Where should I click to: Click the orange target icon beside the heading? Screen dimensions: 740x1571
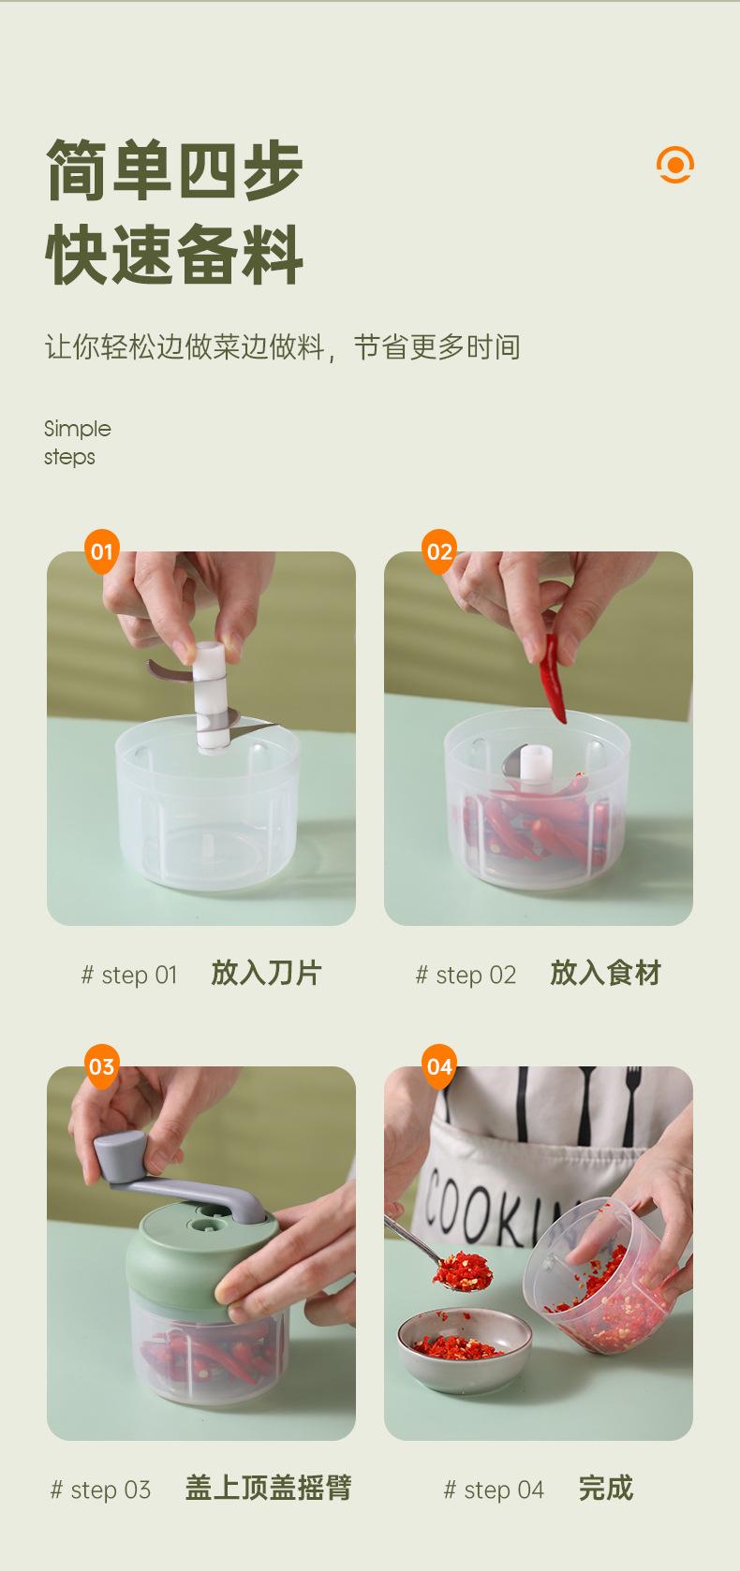click(675, 165)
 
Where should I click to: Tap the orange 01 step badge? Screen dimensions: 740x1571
click(102, 551)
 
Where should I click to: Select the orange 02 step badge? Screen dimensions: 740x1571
click(439, 551)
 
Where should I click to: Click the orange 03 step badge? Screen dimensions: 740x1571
click(102, 1066)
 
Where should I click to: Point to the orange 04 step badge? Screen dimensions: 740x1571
click(439, 1066)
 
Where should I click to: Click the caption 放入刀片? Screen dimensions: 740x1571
click(267, 974)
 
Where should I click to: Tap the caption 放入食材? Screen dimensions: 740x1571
click(605, 974)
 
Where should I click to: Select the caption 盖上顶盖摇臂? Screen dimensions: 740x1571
click(269, 1488)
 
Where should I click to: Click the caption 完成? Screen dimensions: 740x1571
click(606, 1488)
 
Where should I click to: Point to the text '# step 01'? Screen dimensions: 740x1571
click(129, 975)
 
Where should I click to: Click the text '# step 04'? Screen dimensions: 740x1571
click(494, 1490)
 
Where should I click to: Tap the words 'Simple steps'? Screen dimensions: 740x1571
click(77, 443)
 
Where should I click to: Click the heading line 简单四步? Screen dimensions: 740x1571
click(174, 169)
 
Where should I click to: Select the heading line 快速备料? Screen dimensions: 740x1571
click(174, 254)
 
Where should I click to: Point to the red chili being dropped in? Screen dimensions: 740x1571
click(553, 678)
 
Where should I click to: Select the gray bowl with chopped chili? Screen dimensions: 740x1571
click(465, 1351)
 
